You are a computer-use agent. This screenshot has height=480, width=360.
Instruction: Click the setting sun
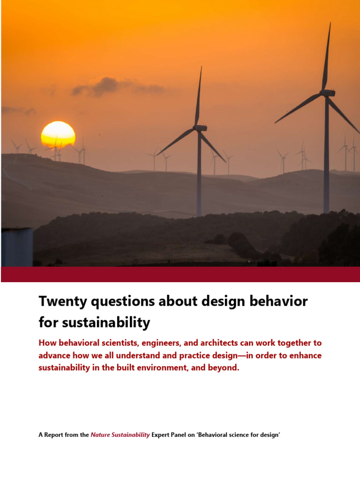click(58, 135)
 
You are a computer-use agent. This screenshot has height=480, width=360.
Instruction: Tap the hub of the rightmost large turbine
click(327, 93)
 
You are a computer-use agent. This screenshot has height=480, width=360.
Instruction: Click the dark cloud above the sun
click(108, 86)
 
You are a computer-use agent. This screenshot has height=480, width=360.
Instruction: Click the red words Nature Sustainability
click(120, 435)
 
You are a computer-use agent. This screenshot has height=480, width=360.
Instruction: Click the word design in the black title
click(223, 301)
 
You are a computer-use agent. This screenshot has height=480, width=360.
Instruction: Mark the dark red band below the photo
click(180, 274)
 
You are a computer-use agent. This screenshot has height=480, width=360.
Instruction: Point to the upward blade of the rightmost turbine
click(327, 56)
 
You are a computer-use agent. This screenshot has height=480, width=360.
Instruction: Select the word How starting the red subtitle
click(46, 344)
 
